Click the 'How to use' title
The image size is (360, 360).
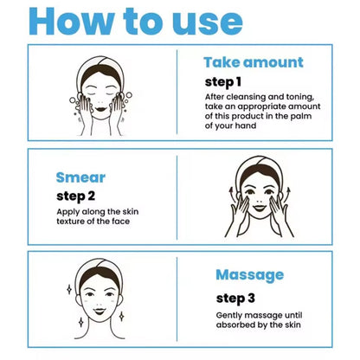pos(136,21)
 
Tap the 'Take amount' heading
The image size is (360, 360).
pos(254,62)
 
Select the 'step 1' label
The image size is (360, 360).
pos(222,82)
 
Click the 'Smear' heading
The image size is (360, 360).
pos(80,177)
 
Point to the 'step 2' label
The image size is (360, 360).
pos(75,196)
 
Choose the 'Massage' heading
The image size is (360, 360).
pos(250,275)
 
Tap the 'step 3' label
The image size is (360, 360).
pos(235,299)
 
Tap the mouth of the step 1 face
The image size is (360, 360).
pos(100,109)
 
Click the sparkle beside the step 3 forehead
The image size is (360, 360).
pos(69,289)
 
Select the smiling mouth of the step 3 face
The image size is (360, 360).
pos(100,311)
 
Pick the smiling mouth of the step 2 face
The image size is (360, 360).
pos(259,208)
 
